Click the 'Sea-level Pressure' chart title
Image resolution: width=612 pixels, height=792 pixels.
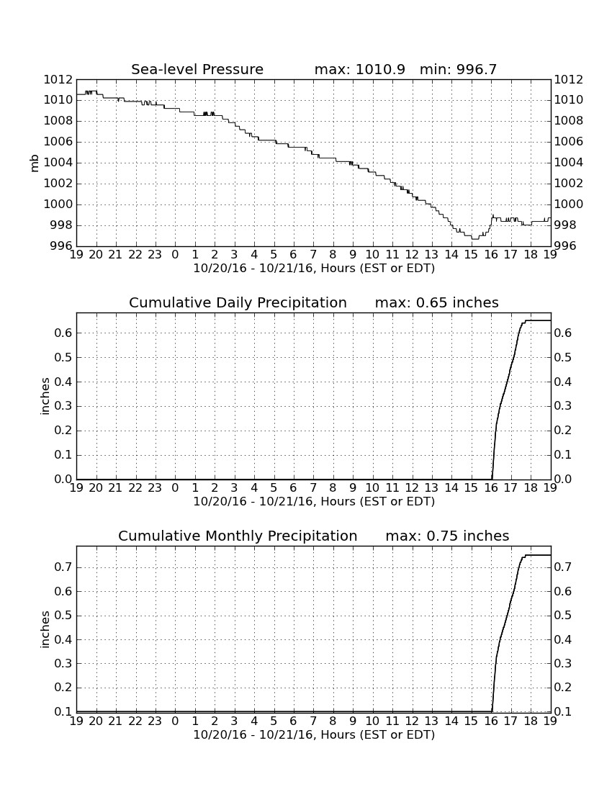point(197,69)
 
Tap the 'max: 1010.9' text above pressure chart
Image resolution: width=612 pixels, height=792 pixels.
point(359,69)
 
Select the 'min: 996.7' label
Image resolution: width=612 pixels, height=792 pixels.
point(458,69)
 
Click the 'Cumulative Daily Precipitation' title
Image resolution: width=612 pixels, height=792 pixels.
point(238,302)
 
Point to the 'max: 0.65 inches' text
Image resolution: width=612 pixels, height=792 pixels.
point(437,302)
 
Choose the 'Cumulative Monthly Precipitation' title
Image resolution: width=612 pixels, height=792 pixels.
point(238,536)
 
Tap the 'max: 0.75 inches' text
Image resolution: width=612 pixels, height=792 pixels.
point(447,536)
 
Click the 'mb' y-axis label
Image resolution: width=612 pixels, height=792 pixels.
point(35,163)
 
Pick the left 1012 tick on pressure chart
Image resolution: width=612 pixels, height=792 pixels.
point(58,79)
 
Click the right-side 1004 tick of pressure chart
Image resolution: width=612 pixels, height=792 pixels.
point(569,162)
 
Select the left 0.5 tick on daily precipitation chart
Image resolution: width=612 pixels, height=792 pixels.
point(63,358)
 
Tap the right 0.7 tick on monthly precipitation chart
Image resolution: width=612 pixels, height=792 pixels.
point(563,567)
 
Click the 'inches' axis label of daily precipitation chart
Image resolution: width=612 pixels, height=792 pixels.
point(45,397)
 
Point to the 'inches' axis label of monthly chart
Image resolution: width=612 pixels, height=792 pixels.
point(45,630)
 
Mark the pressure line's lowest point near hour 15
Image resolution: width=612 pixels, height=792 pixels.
point(474,238)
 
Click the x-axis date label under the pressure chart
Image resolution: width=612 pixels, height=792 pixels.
point(314,269)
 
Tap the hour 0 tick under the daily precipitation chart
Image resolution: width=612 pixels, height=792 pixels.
point(175,488)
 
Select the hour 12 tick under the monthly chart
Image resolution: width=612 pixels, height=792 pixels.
point(412,721)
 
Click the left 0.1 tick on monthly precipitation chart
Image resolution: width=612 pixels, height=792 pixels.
point(63,711)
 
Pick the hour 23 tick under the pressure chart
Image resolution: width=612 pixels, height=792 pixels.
point(155,255)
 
